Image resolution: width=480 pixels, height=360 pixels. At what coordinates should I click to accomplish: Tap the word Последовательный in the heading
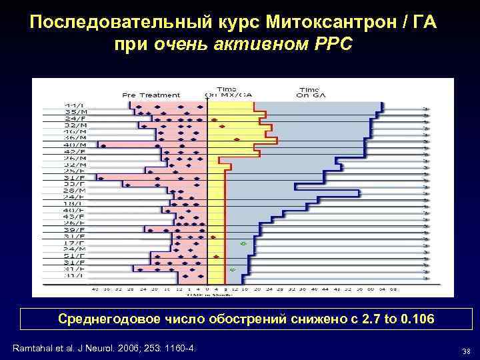[121, 23]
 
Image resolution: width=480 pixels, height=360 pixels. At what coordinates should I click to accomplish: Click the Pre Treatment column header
[151, 95]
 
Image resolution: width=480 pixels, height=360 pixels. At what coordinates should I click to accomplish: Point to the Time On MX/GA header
[227, 91]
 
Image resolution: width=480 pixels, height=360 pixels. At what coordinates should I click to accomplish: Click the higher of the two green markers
[243, 243]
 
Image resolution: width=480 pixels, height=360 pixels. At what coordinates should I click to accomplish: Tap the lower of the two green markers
[233, 269]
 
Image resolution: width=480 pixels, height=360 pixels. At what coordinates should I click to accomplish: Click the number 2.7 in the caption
[367, 319]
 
